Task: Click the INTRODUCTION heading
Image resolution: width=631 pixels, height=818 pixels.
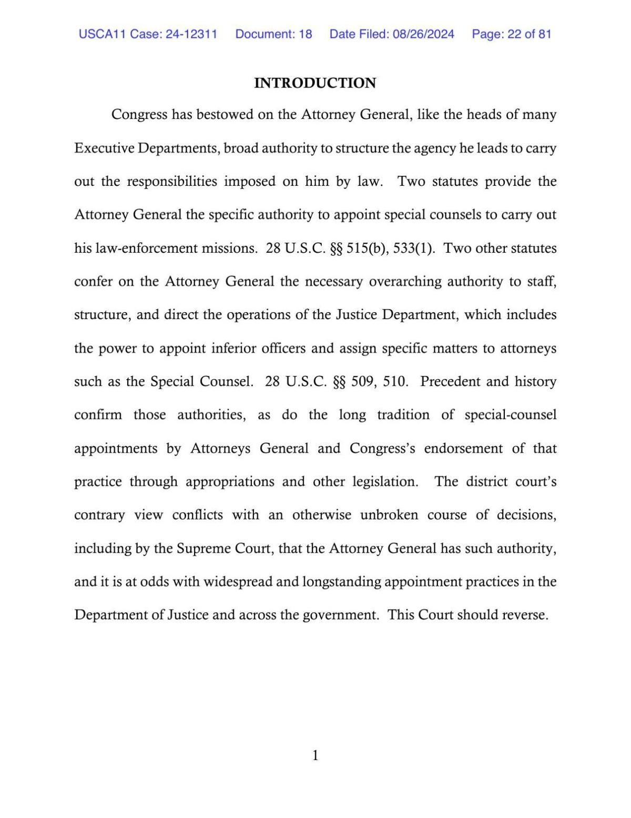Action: [315, 83]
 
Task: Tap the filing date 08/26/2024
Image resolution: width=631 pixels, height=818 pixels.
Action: [423, 34]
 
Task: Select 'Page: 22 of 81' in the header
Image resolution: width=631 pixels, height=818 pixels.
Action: [511, 34]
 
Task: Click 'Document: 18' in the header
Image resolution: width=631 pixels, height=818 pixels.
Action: [273, 34]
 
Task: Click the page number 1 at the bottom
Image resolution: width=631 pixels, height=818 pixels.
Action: [315, 756]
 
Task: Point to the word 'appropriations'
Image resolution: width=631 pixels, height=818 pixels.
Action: [230, 482]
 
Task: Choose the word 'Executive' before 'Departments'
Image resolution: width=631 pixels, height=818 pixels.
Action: [104, 148]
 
